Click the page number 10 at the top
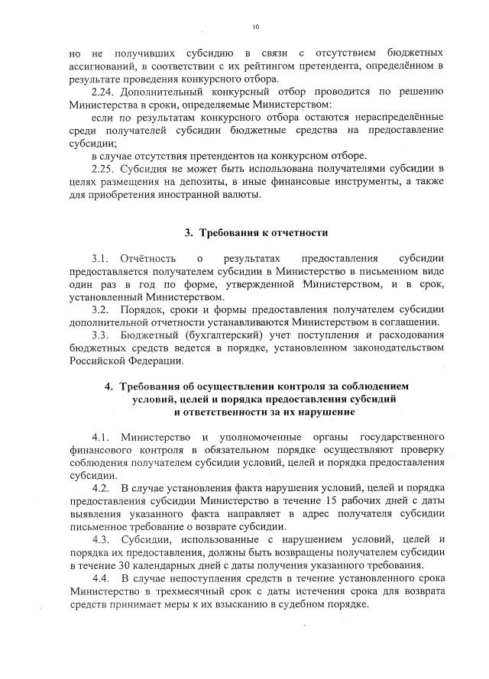click(x=256, y=28)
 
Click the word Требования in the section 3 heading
click(x=235, y=232)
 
